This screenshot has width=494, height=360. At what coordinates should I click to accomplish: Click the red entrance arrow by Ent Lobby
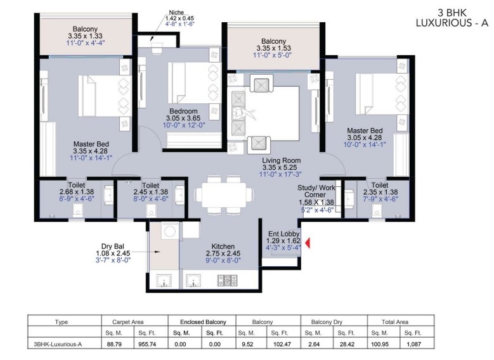click(308, 243)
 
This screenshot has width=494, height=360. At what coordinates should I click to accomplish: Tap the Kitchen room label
click(223, 247)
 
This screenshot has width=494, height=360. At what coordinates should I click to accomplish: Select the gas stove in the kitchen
click(228, 280)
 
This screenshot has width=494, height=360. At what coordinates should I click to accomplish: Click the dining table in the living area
click(224, 195)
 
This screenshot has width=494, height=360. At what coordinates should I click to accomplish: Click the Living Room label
click(282, 160)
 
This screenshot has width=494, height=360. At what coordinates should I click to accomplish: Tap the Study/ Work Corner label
click(316, 191)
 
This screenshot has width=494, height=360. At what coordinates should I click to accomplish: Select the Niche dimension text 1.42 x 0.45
click(180, 18)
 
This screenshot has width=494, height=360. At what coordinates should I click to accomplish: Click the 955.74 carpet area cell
click(147, 344)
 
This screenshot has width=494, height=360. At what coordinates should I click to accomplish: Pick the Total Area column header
click(395, 322)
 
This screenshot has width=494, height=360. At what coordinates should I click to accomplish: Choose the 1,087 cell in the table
click(413, 344)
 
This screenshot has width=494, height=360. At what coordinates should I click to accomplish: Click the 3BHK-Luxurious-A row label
click(58, 344)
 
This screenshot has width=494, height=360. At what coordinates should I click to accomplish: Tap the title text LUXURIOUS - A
click(452, 23)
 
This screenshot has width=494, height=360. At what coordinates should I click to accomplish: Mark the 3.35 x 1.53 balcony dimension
click(273, 48)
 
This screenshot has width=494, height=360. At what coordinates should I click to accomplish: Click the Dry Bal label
click(112, 247)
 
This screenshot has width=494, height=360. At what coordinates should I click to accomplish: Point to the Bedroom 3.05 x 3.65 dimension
click(183, 118)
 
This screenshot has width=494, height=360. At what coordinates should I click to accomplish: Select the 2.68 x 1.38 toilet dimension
click(77, 192)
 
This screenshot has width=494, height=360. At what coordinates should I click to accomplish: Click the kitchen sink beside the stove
click(193, 280)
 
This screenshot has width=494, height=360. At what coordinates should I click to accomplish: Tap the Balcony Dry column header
click(327, 322)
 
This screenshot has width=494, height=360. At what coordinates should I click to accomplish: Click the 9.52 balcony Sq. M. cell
click(247, 344)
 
